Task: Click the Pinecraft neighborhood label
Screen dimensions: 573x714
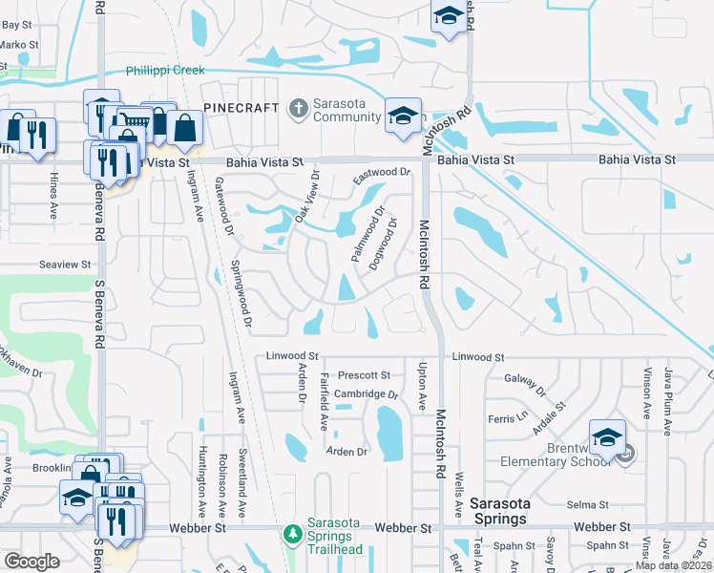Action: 240,108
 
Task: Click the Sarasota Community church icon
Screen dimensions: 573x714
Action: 298,108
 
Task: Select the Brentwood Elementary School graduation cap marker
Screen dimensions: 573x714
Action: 606,436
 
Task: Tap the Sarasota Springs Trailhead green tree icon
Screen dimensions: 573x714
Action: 293,534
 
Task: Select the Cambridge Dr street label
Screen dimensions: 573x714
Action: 366,393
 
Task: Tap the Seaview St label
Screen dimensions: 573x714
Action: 65,265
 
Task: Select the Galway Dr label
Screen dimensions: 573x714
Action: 525,385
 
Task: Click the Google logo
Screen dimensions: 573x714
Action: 31,562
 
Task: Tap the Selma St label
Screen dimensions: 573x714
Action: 588,504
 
